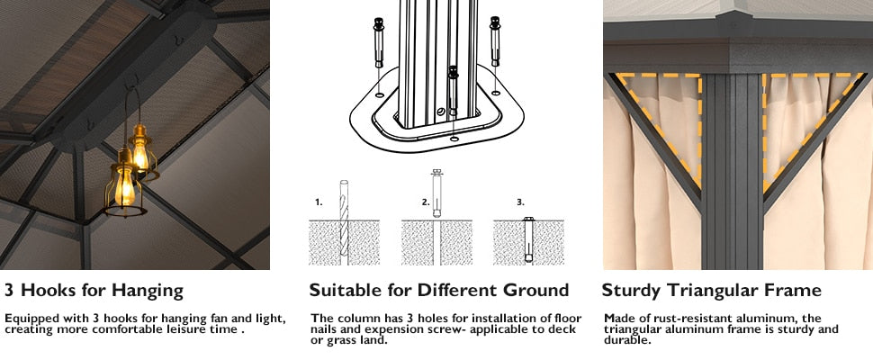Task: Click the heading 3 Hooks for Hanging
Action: [x=94, y=291]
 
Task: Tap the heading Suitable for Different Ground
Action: [x=438, y=291]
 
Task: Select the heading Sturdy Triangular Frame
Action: [x=711, y=291]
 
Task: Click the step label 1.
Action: [x=319, y=202]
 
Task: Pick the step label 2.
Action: [x=426, y=202]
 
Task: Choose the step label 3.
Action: [x=520, y=202]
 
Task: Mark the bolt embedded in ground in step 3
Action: [x=528, y=239]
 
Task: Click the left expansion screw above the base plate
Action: [x=379, y=41]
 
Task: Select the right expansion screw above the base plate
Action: [x=494, y=41]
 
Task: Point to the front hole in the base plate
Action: [x=454, y=138]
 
